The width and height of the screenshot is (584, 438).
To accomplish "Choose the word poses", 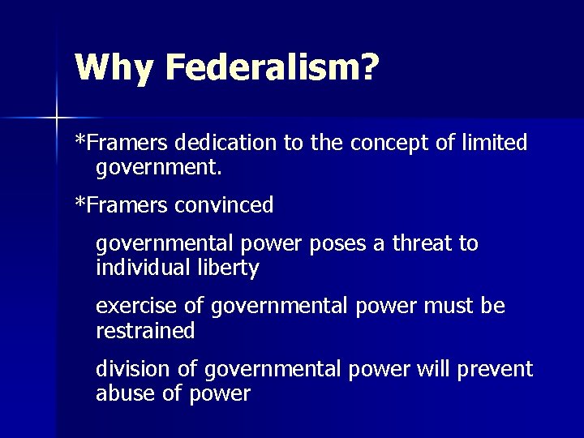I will click(x=334, y=244).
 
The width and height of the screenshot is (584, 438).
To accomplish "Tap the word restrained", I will click(x=145, y=331).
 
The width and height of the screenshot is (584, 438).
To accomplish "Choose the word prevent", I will click(x=496, y=370).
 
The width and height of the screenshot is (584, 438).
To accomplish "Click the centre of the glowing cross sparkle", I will click(x=56, y=118).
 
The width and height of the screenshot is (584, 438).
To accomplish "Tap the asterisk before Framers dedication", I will click(x=79, y=140).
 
